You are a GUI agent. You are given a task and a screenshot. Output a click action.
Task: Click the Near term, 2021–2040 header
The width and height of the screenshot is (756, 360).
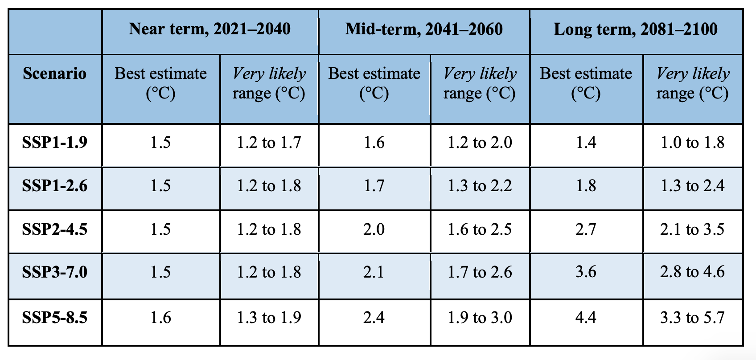[210, 29]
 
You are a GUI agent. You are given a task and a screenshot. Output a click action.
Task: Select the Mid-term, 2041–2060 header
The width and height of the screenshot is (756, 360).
[424, 29]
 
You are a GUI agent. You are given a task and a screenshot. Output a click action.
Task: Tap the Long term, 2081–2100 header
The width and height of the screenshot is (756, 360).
[636, 29]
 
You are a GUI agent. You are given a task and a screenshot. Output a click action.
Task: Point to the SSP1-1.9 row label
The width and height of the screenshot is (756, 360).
[55, 143]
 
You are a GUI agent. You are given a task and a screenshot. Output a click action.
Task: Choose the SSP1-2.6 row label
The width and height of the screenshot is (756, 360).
[55, 186]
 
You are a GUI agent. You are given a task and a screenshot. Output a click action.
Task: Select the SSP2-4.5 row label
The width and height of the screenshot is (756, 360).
[55, 229]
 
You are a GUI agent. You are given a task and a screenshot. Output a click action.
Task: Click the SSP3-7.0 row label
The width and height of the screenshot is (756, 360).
[55, 272]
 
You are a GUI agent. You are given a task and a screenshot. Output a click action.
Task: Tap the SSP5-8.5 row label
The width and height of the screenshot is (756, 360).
[55, 318]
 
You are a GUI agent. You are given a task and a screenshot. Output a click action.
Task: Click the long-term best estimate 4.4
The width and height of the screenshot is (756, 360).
[586, 318]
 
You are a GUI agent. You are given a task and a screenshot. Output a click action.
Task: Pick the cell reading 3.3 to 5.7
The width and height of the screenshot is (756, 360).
[692, 318]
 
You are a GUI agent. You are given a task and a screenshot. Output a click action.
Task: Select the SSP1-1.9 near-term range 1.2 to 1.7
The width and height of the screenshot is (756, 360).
[269, 143]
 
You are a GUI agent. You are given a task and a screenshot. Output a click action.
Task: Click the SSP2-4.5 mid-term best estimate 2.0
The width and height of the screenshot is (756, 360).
[374, 229]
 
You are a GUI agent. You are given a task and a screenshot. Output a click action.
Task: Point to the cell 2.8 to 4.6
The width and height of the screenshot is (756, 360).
[692, 272]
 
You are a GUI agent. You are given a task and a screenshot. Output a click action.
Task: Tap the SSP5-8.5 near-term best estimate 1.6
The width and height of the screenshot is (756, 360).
[160, 318]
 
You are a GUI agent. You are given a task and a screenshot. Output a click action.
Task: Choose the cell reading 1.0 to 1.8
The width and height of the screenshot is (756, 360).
[692, 143]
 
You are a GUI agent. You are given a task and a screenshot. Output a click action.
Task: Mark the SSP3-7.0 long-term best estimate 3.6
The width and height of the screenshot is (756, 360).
[586, 272]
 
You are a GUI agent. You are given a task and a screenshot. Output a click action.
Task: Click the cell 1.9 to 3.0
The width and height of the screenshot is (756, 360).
[480, 318]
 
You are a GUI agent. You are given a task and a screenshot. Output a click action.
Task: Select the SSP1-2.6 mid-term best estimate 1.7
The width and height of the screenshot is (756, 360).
[374, 186]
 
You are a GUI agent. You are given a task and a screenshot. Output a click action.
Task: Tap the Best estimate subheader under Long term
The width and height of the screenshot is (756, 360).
[586, 83]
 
